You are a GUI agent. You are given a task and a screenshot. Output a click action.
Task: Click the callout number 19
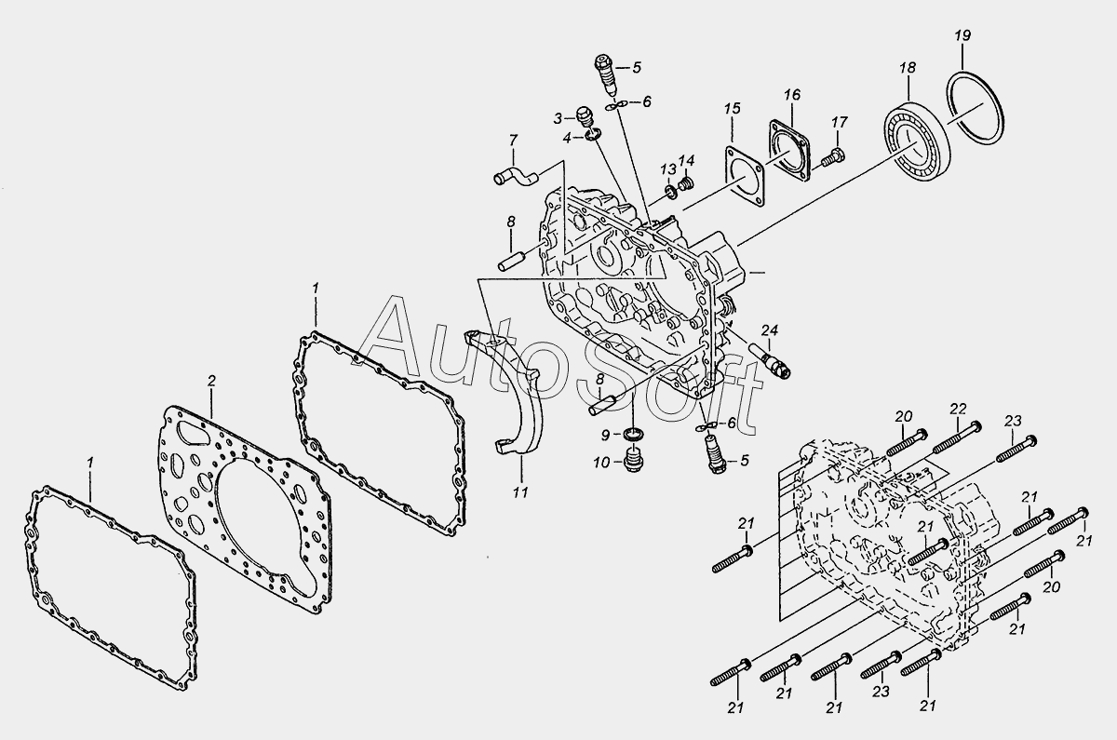[962, 35]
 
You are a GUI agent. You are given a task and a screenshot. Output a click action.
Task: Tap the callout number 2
[211, 381]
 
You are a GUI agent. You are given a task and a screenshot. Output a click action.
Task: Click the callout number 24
[769, 330]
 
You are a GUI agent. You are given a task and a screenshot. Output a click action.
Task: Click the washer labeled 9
[635, 435]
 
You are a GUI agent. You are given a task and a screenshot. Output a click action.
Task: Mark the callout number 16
[791, 94]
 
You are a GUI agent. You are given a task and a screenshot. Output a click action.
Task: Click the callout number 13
[667, 168]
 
